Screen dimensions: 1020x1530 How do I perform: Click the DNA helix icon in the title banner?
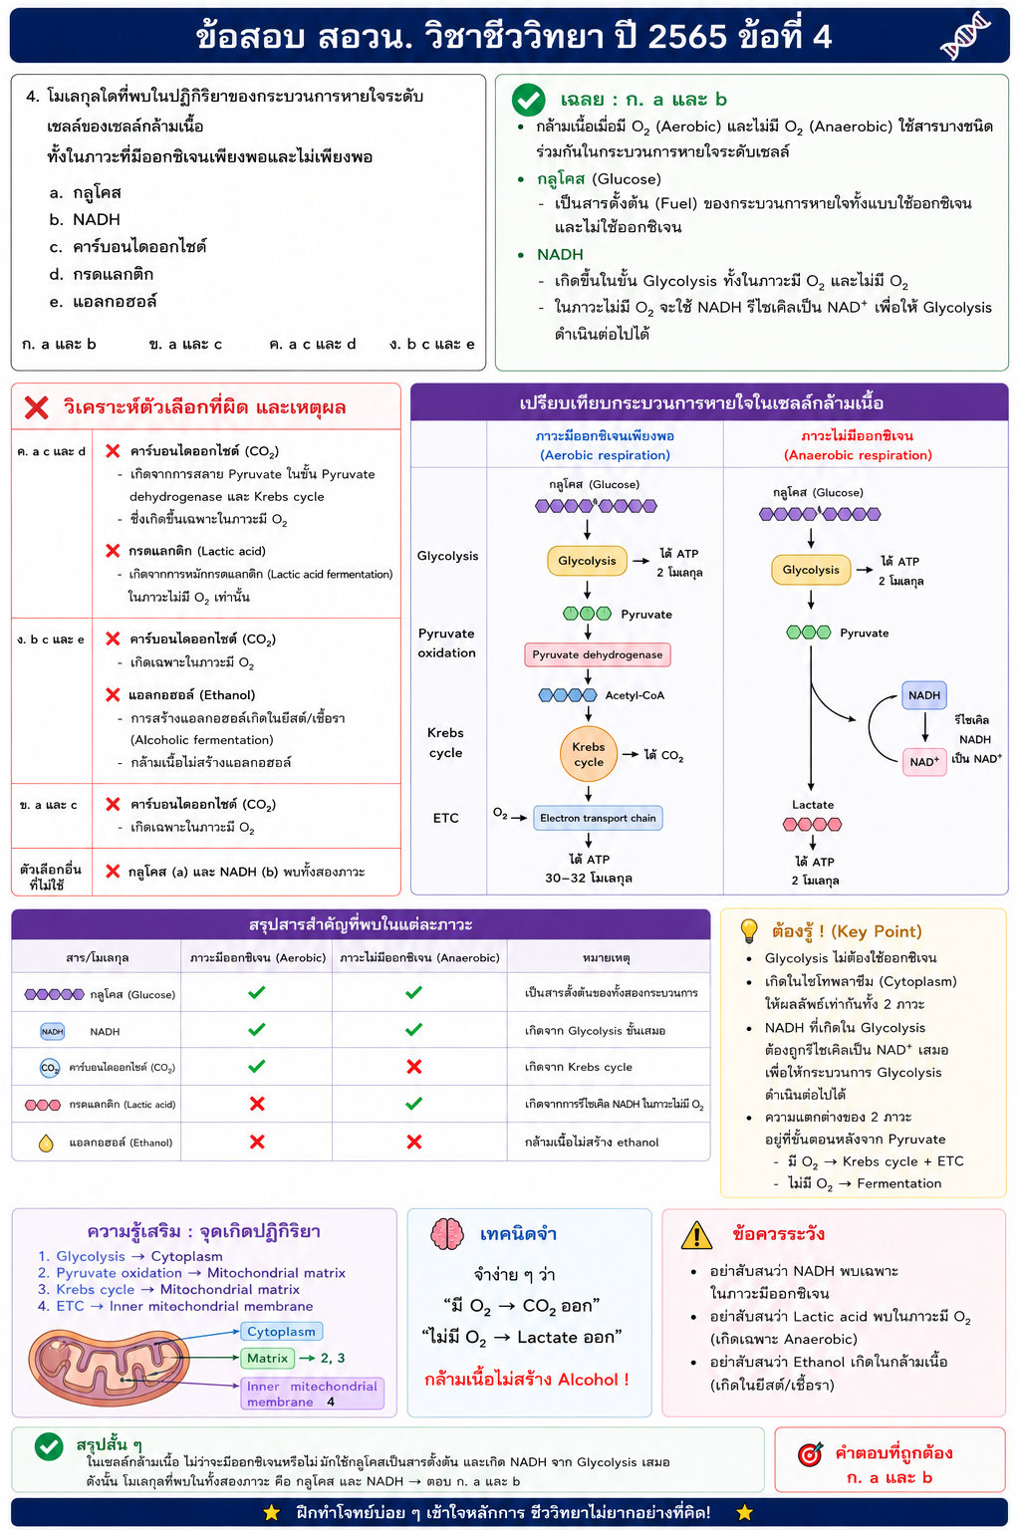[x=964, y=36]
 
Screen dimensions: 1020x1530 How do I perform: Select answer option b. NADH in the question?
[x=85, y=220]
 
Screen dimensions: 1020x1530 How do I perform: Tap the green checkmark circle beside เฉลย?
[x=528, y=101]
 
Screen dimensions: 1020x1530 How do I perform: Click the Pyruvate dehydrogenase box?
[x=597, y=654]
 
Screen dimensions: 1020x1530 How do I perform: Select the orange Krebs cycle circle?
[x=589, y=754]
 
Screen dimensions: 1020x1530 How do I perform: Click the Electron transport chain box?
[x=598, y=818]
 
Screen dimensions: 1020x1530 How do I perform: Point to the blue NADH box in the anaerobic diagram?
[x=923, y=695]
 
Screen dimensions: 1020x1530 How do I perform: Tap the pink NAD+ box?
[x=924, y=762]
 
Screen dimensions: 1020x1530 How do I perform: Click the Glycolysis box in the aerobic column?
[x=587, y=561]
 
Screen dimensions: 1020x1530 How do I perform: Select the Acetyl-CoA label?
[x=635, y=695]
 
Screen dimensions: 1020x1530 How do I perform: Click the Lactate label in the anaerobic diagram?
[x=812, y=805]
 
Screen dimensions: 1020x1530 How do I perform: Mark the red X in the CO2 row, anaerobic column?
[x=414, y=1067]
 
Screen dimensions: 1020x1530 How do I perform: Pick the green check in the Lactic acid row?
[x=413, y=1103]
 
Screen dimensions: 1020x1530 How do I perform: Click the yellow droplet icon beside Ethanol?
[x=46, y=1143]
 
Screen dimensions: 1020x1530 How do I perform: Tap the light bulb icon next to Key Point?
[x=749, y=930]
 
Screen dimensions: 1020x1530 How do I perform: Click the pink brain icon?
[x=447, y=1234]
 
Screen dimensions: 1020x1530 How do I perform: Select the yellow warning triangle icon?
[x=696, y=1234]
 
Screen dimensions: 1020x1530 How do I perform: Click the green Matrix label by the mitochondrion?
[x=267, y=1358]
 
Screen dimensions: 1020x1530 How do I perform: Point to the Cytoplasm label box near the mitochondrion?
[x=281, y=1331]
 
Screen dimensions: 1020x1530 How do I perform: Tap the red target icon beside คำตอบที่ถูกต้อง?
[x=810, y=1454]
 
